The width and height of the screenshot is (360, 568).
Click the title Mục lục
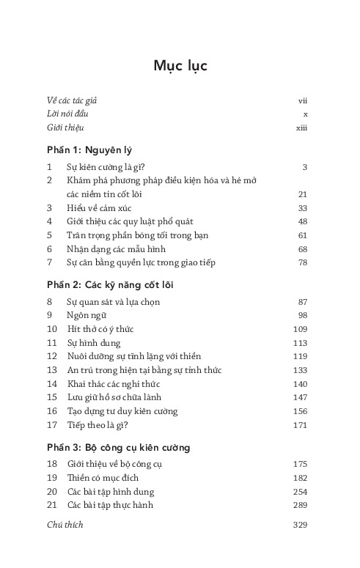coord(180,66)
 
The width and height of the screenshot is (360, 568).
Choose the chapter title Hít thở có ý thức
coord(101,329)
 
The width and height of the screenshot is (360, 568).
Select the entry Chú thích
coord(65,525)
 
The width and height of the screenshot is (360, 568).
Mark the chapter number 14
coord(51,383)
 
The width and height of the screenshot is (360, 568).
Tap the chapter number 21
coord(51,505)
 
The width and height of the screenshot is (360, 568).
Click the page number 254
coord(299,492)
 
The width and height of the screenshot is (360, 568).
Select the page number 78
coord(301,262)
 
